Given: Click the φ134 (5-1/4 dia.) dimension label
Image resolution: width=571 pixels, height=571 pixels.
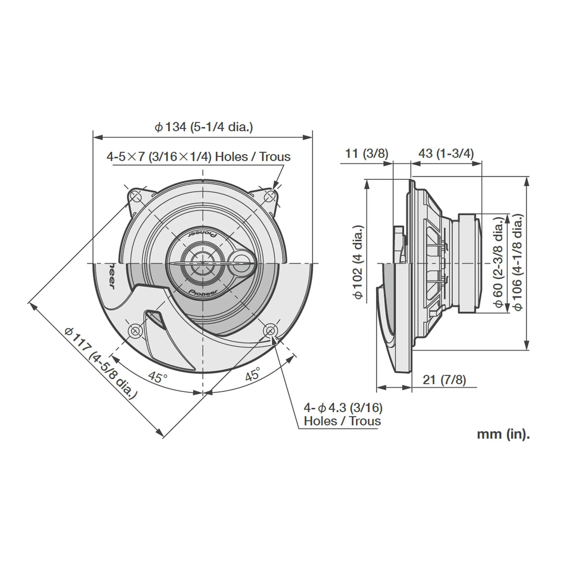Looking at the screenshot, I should coord(204,127).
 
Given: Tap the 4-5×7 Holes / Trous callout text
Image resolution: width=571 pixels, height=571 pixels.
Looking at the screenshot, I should coord(198,157).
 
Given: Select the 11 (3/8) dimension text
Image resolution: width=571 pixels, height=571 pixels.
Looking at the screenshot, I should coord(366,154).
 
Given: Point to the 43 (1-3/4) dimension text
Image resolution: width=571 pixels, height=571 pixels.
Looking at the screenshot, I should coord(446,154).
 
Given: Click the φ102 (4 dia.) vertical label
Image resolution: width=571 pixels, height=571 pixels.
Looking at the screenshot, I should coord(358,262).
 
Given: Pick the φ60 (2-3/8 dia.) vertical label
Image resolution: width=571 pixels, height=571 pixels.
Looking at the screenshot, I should coord(499,262).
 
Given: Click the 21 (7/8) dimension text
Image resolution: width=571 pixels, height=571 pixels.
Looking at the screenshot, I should coord(444,380).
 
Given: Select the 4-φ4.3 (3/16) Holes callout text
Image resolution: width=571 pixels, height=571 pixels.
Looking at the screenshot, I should coord(343,414).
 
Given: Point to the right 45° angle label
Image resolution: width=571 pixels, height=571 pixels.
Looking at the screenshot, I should coord(253,374).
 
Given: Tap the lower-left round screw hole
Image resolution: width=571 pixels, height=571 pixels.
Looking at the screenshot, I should coord(135,330).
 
